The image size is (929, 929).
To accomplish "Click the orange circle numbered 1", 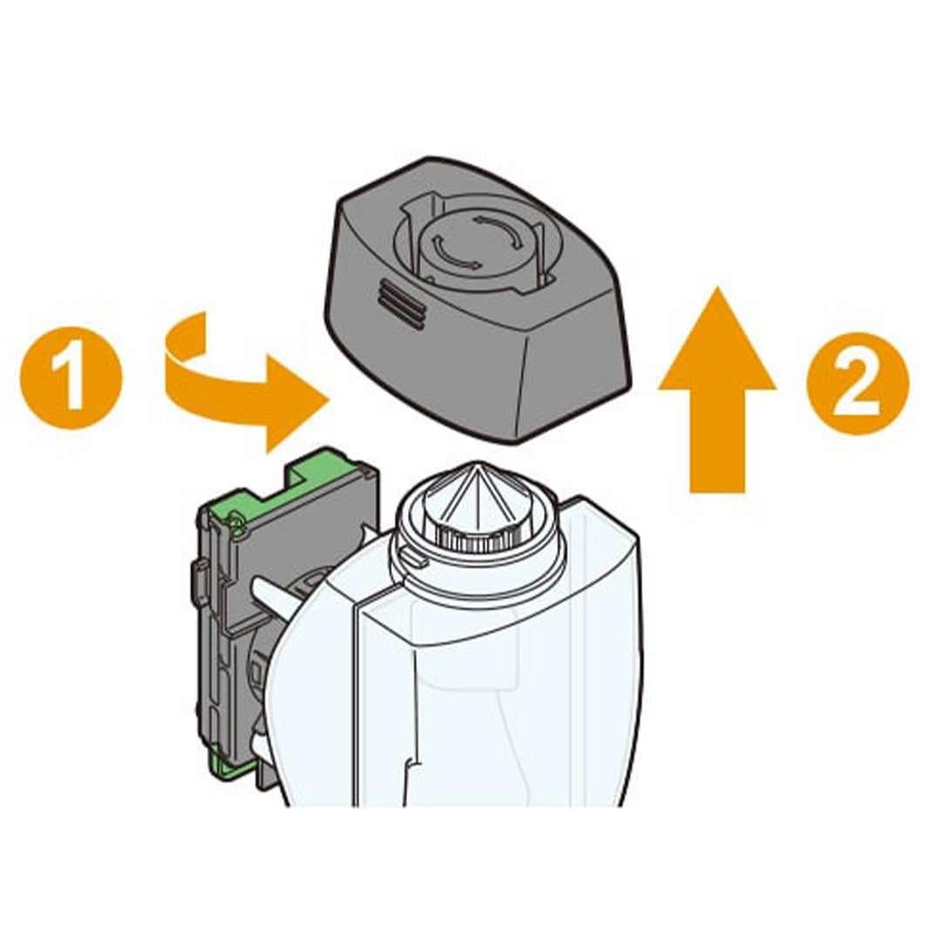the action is click(x=71, y=377).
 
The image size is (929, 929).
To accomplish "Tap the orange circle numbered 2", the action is click(x=858, y=383).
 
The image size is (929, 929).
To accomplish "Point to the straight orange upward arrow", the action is click(x=717, y=391).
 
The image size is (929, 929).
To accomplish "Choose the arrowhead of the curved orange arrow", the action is click(x=296, y=403).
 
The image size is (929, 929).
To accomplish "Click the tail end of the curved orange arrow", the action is click(x=185, y=336).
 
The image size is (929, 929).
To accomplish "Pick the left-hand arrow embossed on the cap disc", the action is click(x=448, y=254).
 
